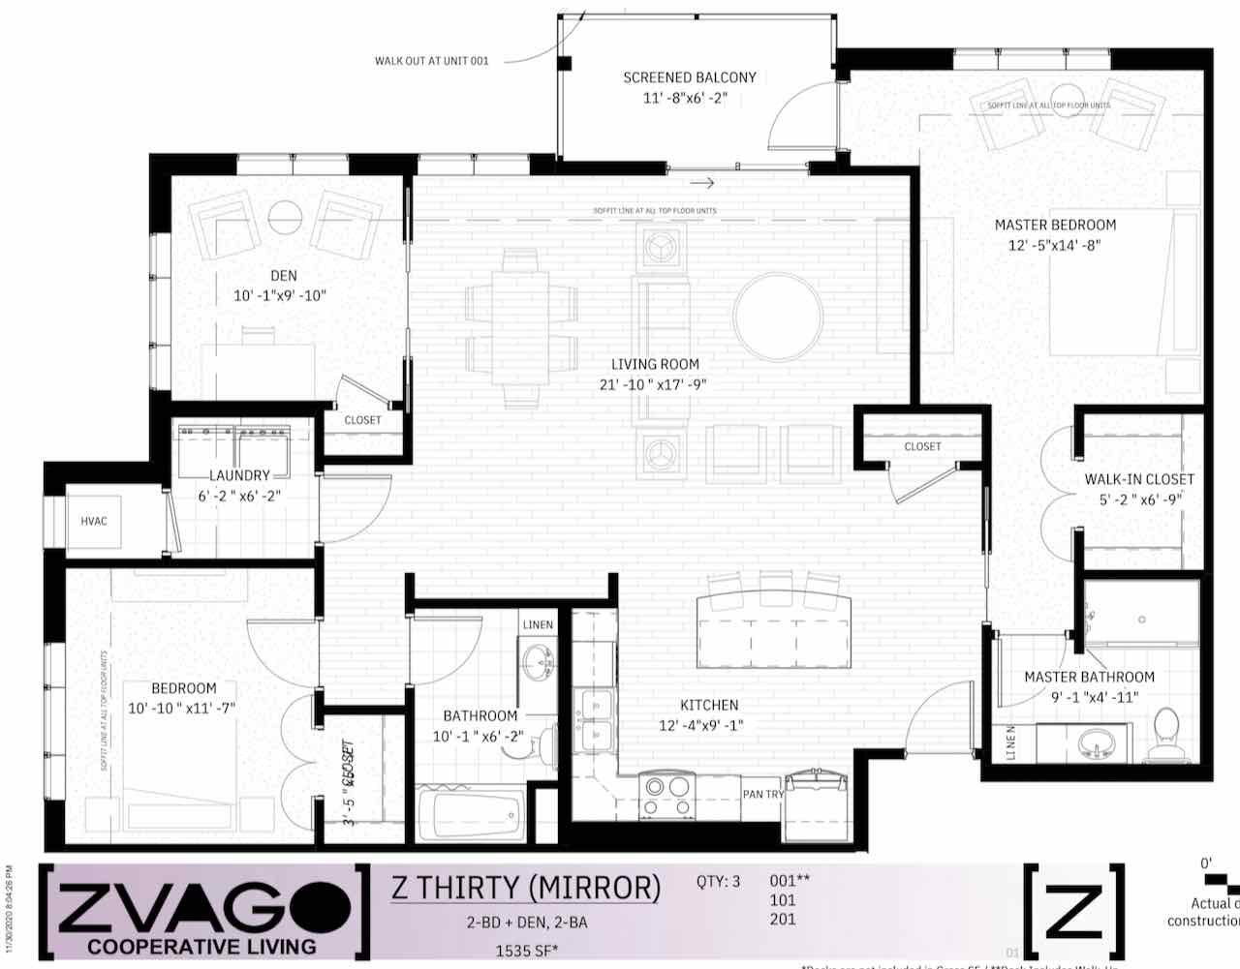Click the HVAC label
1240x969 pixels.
coord(94,522)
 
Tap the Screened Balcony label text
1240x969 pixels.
coord(690,77)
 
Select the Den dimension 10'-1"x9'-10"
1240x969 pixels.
coord(280,295)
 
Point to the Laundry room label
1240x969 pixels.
coord(239,475)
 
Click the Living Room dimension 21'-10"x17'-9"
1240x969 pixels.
coord(653,384)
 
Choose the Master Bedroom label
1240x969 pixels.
coord(1055,225)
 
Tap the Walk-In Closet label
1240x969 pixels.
coord(1139,479)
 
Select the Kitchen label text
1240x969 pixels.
coord(709,706)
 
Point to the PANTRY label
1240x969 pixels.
coord(763,795)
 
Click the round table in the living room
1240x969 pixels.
coord(778,317)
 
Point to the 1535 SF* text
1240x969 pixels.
coord(527,951)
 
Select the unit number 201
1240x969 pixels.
coord(782,919)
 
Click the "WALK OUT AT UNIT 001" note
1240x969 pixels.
coord(432,61)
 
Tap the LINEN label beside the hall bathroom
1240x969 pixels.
coord(538,624)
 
